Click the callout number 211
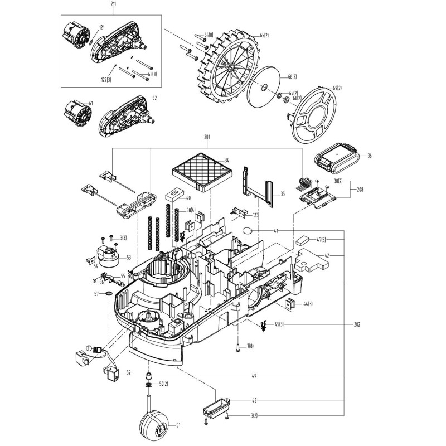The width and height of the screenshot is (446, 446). click(114, 5)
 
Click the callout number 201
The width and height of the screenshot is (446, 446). click(207, 138)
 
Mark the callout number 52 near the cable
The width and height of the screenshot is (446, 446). click(129, 372)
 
